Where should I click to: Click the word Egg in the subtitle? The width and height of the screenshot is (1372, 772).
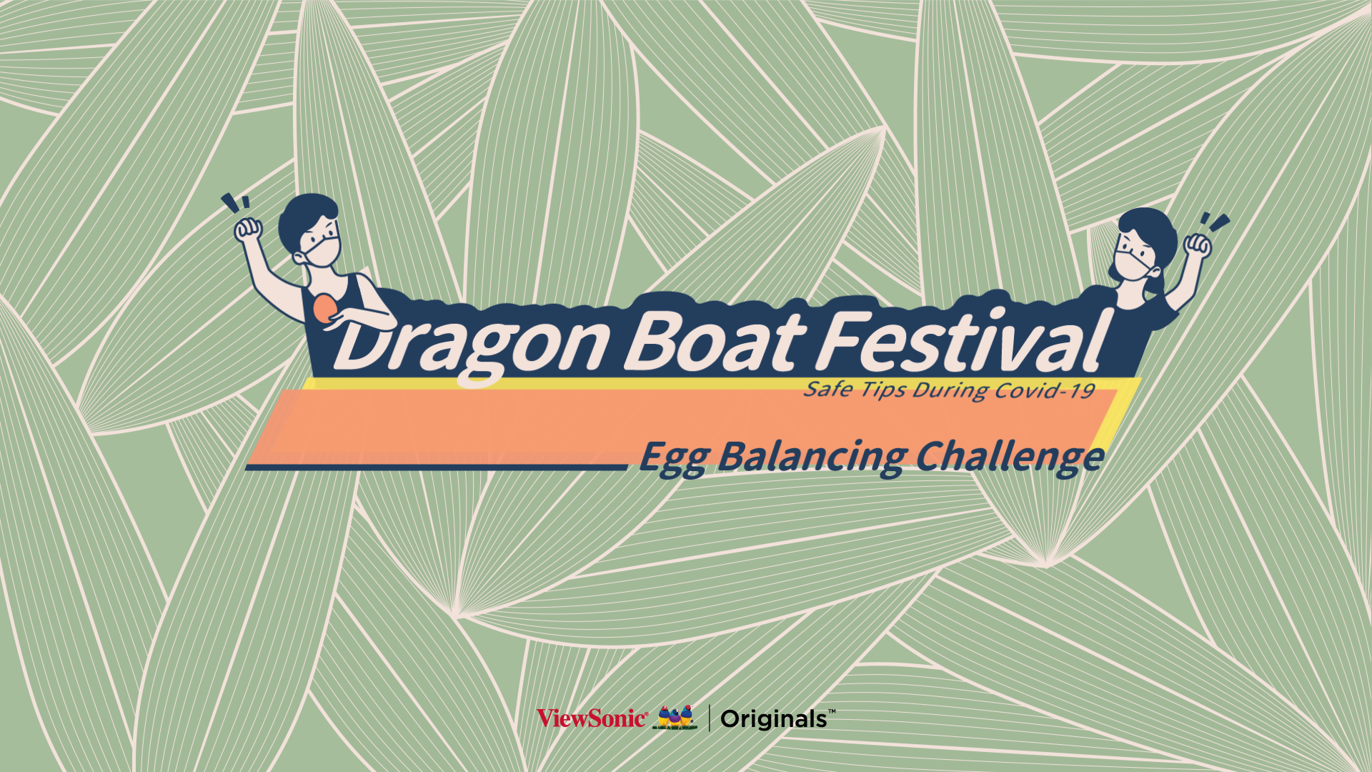(673, 458)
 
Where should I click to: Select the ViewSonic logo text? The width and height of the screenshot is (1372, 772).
(592, 718)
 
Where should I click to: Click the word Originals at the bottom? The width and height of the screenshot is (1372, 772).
(774, 719)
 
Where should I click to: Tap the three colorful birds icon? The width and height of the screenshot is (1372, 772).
(675, 718)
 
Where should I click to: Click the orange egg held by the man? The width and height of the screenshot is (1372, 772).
(324, 308)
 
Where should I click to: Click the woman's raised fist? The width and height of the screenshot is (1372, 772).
(1198, 245)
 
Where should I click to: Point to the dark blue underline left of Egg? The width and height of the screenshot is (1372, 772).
(437, 467)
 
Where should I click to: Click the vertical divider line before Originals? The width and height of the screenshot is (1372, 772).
(710, 718)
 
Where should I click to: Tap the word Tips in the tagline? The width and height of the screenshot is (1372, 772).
(883, 390)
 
